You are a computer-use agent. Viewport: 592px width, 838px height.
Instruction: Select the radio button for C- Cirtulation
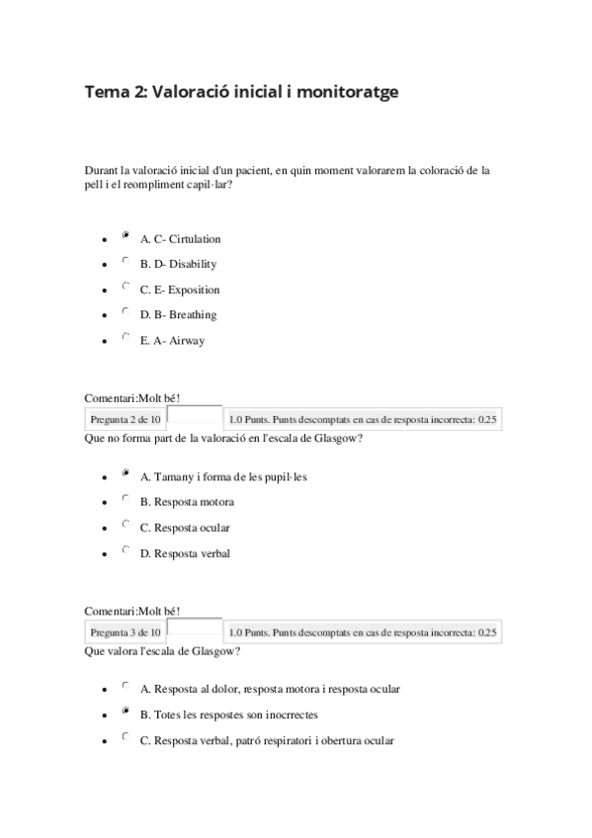click(x=126, y=236)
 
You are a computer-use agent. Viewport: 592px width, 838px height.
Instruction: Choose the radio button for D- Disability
click(x=126, y=262)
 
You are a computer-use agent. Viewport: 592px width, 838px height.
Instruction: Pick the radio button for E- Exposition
click(x=126, y=287)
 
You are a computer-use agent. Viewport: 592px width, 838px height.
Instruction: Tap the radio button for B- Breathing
click(x=126, y=312)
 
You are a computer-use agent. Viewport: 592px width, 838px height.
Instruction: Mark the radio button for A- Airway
click(x=126, y=338)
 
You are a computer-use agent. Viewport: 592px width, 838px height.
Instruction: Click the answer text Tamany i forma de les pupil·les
click(x=223, y=476)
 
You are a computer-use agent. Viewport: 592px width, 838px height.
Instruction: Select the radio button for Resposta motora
click(x=126, y=499)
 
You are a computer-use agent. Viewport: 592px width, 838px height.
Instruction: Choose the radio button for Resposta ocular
click(x=126, y=525)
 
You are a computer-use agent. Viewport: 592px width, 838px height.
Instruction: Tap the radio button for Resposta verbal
click(x=126, y=550)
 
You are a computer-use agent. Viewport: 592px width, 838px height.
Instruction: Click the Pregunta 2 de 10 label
click(x=125, y=420)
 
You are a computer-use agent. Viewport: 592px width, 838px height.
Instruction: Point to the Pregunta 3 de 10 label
click(x=125, y=632)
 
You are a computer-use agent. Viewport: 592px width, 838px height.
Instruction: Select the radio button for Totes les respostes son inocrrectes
click(x=126, y=712)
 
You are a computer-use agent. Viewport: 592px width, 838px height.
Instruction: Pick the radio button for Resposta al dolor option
click(x=126, y=686)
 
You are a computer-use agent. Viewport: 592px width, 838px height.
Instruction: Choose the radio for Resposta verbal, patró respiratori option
click(x=126, y=737)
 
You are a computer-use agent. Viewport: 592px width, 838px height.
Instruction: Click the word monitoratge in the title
click(x=342, y=92)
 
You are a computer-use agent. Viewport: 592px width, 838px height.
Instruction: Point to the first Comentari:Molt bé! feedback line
click(x=132, y=397)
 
